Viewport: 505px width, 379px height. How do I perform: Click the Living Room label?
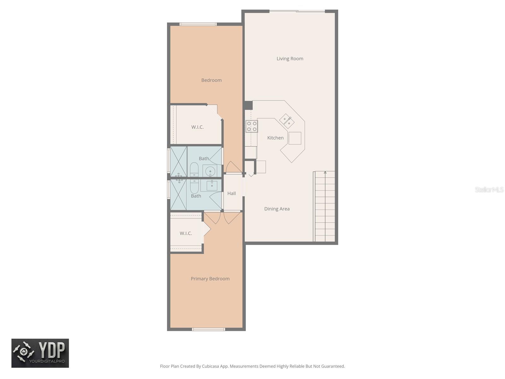point(290,59)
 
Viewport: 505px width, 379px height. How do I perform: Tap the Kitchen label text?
point(275,138)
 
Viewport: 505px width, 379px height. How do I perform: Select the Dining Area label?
point(277,209)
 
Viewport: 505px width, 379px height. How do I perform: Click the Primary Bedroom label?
point(210,279)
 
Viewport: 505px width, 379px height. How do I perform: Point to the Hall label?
point(231,193)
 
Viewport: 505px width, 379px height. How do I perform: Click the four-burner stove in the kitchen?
point(252,126)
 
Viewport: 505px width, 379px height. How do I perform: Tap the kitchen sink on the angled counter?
point(287,121)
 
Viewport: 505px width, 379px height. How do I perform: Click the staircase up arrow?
point(325,173)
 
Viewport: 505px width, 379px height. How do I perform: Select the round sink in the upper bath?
point(210,171)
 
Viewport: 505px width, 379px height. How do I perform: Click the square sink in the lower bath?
point(212,185)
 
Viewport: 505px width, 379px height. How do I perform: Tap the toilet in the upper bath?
point(194,170)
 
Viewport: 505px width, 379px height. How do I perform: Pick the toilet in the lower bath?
point(194,186)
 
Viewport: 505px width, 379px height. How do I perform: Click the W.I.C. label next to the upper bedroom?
point(197,127)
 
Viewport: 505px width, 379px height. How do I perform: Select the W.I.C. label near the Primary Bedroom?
point(186,233)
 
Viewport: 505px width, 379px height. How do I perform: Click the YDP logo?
point(40,353)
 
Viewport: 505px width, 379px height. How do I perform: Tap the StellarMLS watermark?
point(489,189)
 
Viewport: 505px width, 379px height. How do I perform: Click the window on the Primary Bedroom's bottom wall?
point(208,329)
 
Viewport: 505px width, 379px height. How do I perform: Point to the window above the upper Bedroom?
point(198,24)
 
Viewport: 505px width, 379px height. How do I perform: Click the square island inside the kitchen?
point(294,138)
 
